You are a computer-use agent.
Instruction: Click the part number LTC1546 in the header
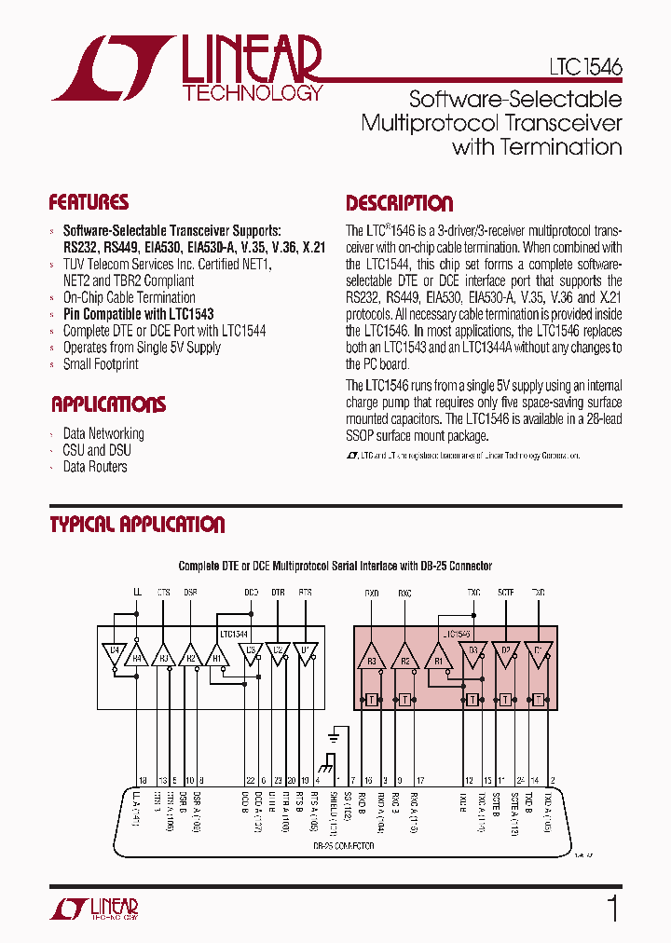point(584,68)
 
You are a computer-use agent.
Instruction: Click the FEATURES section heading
point(89,203)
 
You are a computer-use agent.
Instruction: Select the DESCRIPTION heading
point(400,203)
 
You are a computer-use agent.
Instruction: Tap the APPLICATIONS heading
point(108,404)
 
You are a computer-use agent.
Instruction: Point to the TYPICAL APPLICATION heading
point(137,525)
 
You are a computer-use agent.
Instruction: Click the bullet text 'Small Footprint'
point(101,364)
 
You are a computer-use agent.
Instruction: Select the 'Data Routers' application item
point(95,467)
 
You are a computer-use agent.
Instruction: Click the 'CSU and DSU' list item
point(97,450)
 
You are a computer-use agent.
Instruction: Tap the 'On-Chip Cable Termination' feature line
point(129,297)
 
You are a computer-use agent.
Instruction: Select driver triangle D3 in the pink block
point(472,652)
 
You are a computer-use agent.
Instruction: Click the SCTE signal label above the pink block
point(505,592)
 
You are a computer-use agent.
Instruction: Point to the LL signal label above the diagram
point(137,592)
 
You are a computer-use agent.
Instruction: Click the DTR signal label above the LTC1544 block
point(278,592)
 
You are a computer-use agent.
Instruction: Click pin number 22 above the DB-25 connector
point(250,780)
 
